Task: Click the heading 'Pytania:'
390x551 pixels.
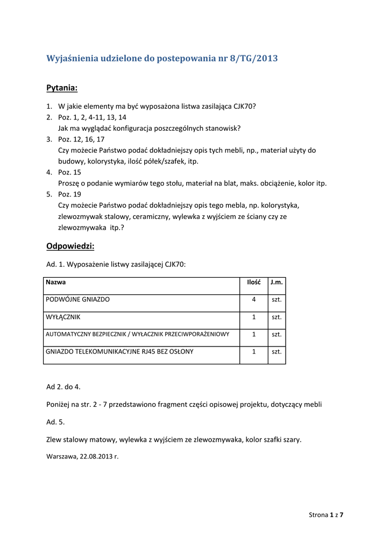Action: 62,87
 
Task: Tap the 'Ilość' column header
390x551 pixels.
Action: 254,282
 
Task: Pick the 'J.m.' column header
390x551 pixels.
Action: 276,282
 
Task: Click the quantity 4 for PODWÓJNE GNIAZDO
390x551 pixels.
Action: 253,299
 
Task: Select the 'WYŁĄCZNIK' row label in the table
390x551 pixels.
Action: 63,317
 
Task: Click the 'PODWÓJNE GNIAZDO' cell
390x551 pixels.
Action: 77,299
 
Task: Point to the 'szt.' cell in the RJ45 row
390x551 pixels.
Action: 276,351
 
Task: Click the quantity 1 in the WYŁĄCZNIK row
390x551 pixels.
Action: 253,317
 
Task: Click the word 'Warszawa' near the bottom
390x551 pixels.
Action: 62,456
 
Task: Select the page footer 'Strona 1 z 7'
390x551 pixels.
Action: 326,515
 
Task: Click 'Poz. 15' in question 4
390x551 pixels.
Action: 69,172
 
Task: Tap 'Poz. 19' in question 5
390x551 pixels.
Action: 69,194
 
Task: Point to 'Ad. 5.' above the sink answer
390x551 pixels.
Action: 56,422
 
